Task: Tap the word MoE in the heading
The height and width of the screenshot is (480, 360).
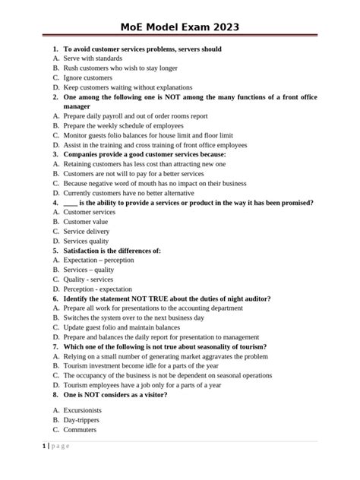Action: pyautogui.click(x=138, y=28)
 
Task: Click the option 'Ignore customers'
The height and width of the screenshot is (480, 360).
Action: pyautogui.click(x=87, y=77)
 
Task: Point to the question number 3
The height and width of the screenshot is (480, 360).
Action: pyautogui.click(x=56, y=154)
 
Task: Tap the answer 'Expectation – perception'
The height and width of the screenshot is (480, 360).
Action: pyautogui.click(x=99, y=260)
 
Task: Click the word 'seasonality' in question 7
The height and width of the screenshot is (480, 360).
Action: pyautogui.click(x=221, y=346)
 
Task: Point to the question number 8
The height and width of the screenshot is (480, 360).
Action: pyautogui.click(x=56, y=394)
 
